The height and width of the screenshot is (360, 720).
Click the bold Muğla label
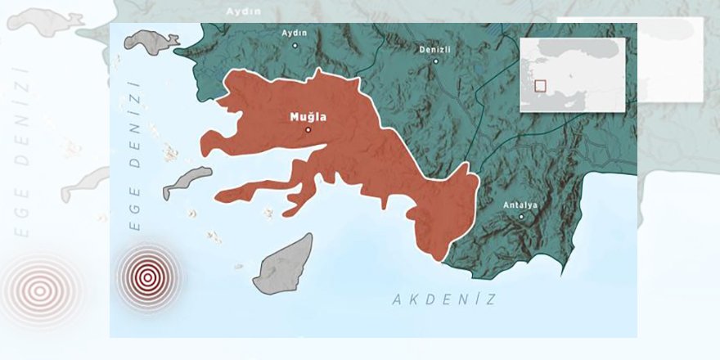coord(308,117)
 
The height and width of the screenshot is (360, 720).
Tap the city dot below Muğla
coord(308,129)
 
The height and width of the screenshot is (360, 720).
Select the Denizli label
coord(435,49)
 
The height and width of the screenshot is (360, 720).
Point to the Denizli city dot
coord(435,61)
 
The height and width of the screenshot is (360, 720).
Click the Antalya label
coord(520,205)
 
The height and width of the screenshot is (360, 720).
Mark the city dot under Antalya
coord(521,216)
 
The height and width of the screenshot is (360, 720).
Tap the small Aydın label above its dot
coord(294,33)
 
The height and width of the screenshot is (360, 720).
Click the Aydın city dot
coord(295,45)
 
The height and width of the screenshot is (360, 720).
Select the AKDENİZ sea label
coord(443,299)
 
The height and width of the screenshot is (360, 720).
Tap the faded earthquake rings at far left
coord(39,288)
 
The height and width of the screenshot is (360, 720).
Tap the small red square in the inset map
coord(540,85)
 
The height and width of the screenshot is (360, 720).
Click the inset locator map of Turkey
coord(572,74)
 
